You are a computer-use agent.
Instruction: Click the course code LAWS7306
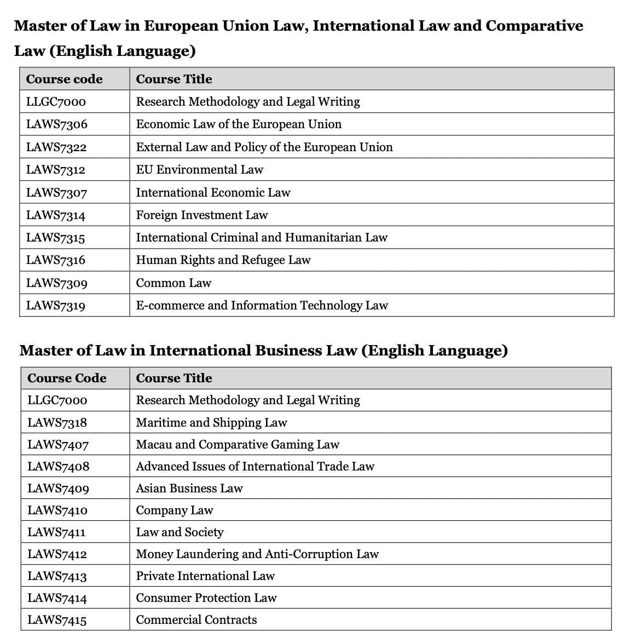57,124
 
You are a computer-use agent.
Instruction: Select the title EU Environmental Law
199,170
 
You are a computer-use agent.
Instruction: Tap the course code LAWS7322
56,147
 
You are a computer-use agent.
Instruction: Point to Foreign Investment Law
201,215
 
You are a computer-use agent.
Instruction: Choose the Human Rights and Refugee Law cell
223,260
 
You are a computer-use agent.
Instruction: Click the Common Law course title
174,283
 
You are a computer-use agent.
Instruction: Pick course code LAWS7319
56,306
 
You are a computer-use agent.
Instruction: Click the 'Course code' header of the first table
65,79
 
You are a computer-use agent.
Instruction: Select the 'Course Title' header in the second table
174,378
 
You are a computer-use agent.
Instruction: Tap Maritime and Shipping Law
211,423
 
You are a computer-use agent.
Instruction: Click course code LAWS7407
58,445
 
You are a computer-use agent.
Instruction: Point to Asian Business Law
189,489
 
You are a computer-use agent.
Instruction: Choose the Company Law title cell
174,510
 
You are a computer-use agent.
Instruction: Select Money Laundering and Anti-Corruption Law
257,554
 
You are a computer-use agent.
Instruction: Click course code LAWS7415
57,620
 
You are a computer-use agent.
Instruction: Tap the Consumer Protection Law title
206,598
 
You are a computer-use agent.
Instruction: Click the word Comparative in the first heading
534,26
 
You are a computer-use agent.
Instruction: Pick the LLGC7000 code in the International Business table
57,400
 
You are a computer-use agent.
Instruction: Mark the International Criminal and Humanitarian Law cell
261,238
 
